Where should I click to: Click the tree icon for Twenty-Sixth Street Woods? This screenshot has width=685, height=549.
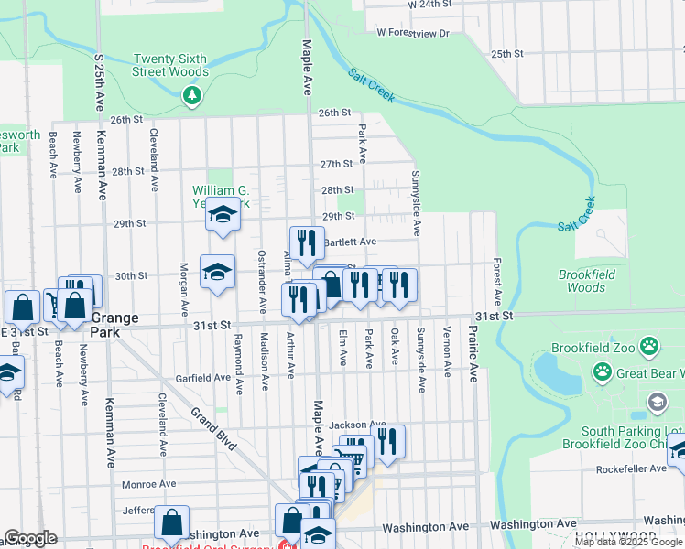191,94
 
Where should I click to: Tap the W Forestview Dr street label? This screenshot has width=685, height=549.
413,33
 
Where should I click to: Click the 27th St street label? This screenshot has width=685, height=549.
336,164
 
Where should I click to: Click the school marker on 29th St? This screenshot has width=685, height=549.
222,214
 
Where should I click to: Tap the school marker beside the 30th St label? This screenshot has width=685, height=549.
217,272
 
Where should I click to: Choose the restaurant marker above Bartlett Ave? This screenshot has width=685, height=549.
307,242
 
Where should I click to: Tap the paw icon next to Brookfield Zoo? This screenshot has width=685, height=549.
649,347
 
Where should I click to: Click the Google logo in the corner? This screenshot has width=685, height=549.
29,538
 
